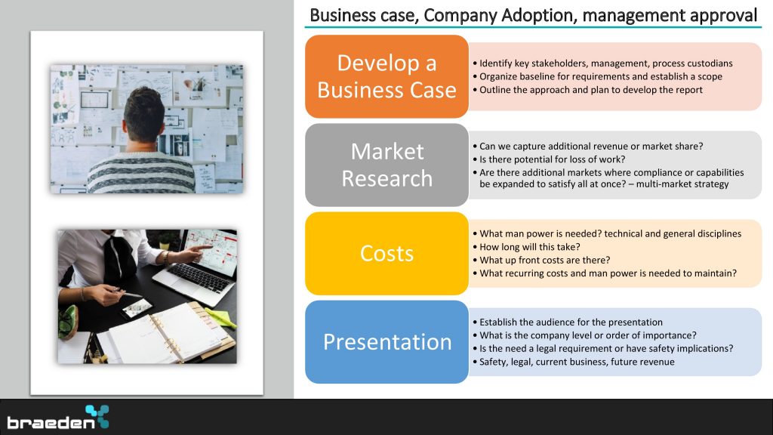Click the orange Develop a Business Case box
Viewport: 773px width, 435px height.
(x=386, y=76)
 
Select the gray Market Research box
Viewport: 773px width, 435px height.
(x=386, y=165)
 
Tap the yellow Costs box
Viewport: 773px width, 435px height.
(x=386, y=254)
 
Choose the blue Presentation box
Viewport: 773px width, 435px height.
(x=386, y=342)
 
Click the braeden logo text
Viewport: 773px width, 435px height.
(x=51, y=423)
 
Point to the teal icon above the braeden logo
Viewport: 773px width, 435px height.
(x=97, y=416)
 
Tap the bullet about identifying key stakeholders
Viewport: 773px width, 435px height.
(x=602, y=63)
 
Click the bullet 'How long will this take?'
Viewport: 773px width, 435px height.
(x=526, y=247)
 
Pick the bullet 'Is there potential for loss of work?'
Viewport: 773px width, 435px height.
(x=549, y=159)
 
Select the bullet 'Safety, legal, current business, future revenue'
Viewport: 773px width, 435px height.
(x=574, y=362)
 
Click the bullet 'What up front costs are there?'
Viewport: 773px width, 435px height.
(x=541, y=260)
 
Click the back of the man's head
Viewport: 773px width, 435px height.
(x=144, y=116)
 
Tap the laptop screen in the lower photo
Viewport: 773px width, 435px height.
(x=210, y=249)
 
